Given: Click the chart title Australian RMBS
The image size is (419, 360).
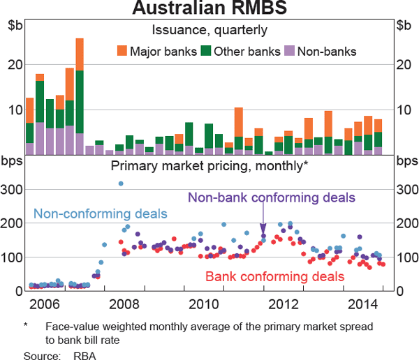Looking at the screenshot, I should (209, 9).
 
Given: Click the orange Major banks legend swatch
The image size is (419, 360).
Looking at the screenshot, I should (122, 50).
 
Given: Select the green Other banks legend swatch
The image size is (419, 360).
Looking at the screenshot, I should (206, 50).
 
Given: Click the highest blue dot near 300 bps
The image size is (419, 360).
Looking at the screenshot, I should (121, 183).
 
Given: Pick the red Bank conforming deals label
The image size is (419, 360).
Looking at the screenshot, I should (274, 276).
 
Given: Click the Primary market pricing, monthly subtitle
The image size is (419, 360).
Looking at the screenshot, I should (209, 165).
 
